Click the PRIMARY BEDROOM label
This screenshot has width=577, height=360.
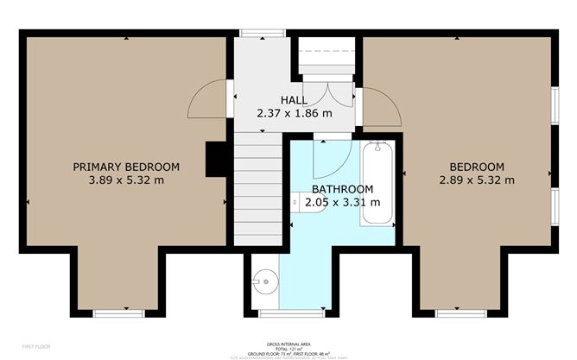(125, 167)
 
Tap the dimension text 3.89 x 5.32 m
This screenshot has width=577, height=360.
(125, 180)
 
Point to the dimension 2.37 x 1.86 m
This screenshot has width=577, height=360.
(294, 113)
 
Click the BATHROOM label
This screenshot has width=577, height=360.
(342, 189)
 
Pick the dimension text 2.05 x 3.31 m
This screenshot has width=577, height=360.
(342, 202)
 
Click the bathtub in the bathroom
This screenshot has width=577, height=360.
(376, 183)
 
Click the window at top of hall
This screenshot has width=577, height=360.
(257, 34)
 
